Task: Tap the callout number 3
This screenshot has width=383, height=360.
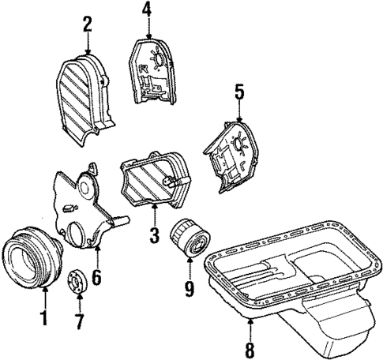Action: point(155,234)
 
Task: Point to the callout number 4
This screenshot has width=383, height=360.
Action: point(147,11)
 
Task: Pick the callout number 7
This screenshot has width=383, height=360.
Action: point(78,324)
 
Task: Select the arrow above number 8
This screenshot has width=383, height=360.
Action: point(250,324)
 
